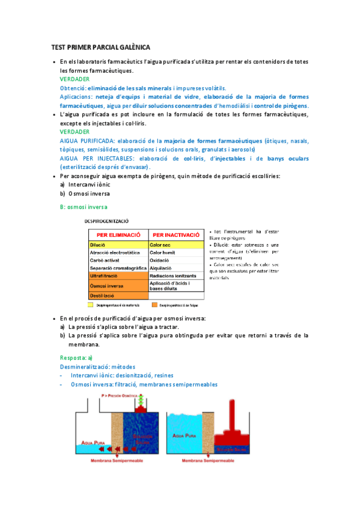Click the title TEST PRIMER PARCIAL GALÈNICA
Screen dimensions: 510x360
click(100, 47)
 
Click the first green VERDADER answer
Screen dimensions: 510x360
click(75, 79)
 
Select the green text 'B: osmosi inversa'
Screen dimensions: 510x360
click(84, 206)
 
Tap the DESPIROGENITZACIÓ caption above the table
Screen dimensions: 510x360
click(114, 221)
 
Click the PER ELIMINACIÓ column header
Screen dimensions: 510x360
click(118, 235)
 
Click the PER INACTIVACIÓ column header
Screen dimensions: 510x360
click(177, 235)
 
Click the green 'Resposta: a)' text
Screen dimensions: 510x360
click(76, 357)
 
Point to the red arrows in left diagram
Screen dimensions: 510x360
click(111, 449)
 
